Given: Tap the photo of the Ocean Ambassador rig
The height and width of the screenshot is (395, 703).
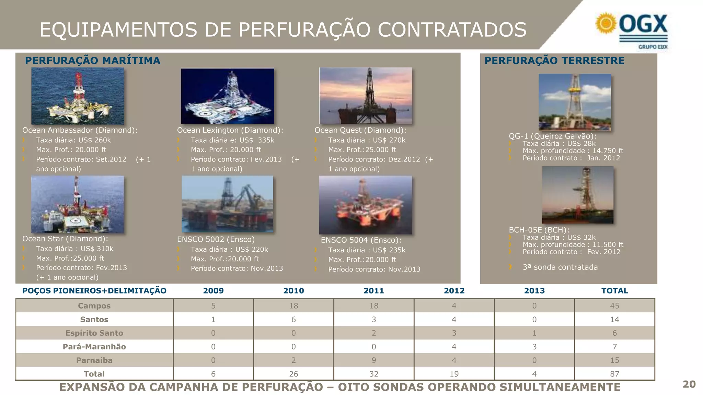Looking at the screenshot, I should point(78,96).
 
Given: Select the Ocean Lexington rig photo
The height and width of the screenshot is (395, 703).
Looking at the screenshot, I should point(228,96).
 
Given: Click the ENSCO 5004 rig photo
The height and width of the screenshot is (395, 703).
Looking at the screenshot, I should point(365,205).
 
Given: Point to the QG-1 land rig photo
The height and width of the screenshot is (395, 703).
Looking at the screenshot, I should point(575,102).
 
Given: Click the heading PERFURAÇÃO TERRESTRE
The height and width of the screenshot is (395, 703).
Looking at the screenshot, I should point(554,61).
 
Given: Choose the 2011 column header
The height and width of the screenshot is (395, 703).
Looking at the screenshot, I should point(374,291).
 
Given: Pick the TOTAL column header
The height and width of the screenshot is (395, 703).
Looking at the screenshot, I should point(614,291).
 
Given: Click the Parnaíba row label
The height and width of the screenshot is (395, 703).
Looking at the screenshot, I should point(94,360).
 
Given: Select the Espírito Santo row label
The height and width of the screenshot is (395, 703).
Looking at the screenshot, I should point(94,333).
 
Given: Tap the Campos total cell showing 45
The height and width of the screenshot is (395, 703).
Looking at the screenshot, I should point(614,306).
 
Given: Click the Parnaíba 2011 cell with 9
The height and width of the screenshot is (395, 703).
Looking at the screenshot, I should point(374,360).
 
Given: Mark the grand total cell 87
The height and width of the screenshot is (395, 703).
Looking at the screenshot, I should point(614,374).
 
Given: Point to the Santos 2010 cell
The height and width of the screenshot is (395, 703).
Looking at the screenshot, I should point(293,320).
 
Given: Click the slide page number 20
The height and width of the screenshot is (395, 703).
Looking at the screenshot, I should point(689,384).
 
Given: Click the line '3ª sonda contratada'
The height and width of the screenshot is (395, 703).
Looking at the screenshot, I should point(560,267).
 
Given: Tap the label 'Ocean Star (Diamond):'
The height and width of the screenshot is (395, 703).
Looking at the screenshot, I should point(65,239).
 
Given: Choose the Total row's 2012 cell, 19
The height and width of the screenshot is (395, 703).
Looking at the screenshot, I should point(454,374).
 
